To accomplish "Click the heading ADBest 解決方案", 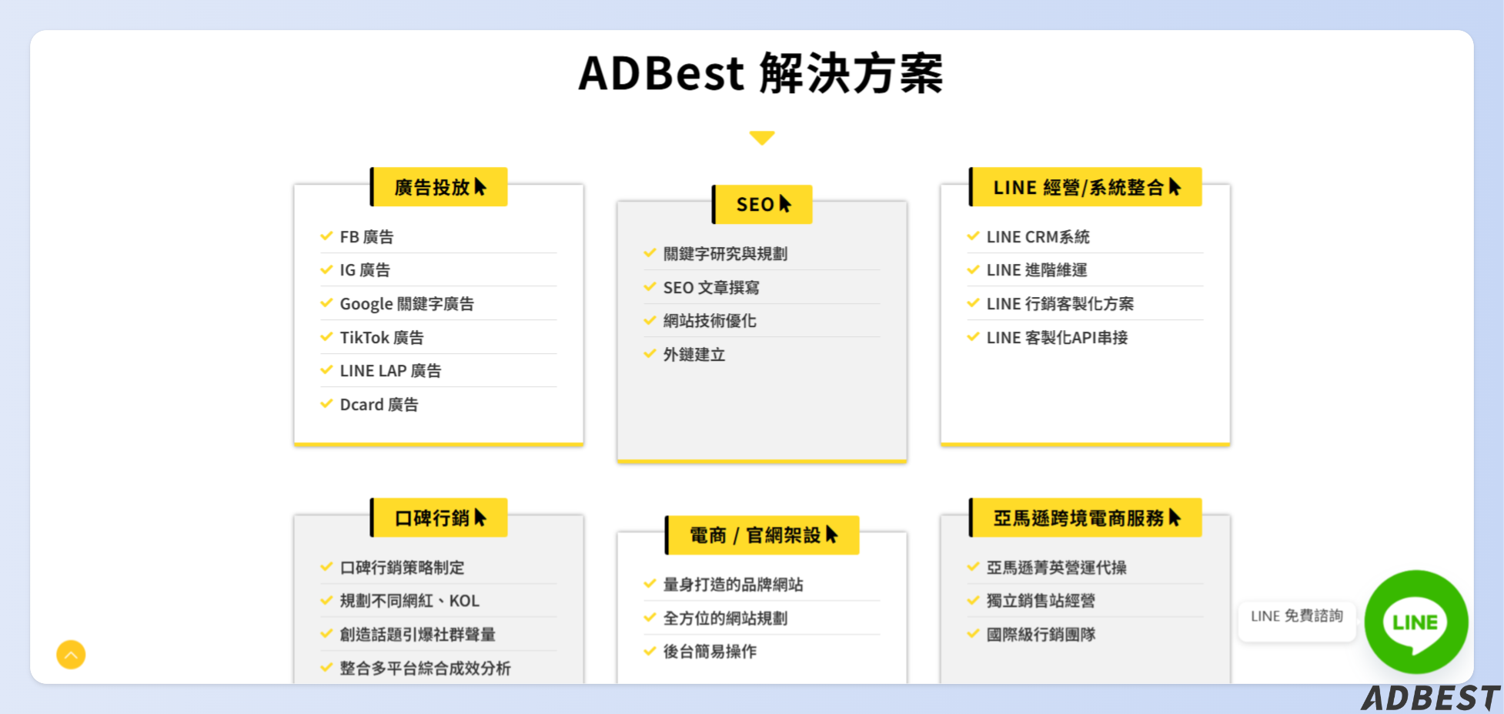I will pyautogui.click(x=760, y=74).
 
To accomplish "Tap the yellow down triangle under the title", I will pyautogui.click(x=761, y=138).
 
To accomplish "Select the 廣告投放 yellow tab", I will pyautogui.click(x=439, y=187).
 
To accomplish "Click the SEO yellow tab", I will pyautogui.click(x=762, y=205).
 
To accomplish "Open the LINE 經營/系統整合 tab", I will pyautogui.click(x=1085, y=187).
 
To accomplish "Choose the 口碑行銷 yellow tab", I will pyautogui.click(x=439, y=518).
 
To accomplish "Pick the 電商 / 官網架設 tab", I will pyautogui.click(x=762, y=535).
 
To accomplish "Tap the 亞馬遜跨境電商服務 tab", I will pyautogui.click(x=1085, y=518).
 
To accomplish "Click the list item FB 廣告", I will pyautogui.click(x=366, y=237).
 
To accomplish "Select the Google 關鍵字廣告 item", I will pyautogui.click(x=406, y=304).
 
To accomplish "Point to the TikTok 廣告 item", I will pyautogui.click(x=382, y=338).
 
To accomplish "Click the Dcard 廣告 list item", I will pyautogui.click(x=379, y=405).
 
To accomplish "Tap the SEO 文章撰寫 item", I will pyautogui.click(x=711, y=288).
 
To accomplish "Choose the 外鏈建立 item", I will pyautogui.click(x=694, y=355).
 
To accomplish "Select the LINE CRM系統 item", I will pyautogui.click(x=1038, y=237).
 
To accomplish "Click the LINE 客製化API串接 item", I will pyautogui.click(x=1057, y=338).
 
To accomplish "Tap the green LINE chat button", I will pyautogui.click(x=1415, y=622).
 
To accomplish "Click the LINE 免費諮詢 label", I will pyautogui.click(x=1296, y=616).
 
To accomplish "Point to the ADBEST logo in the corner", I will pyautogui.click(x=1430, y=698).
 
